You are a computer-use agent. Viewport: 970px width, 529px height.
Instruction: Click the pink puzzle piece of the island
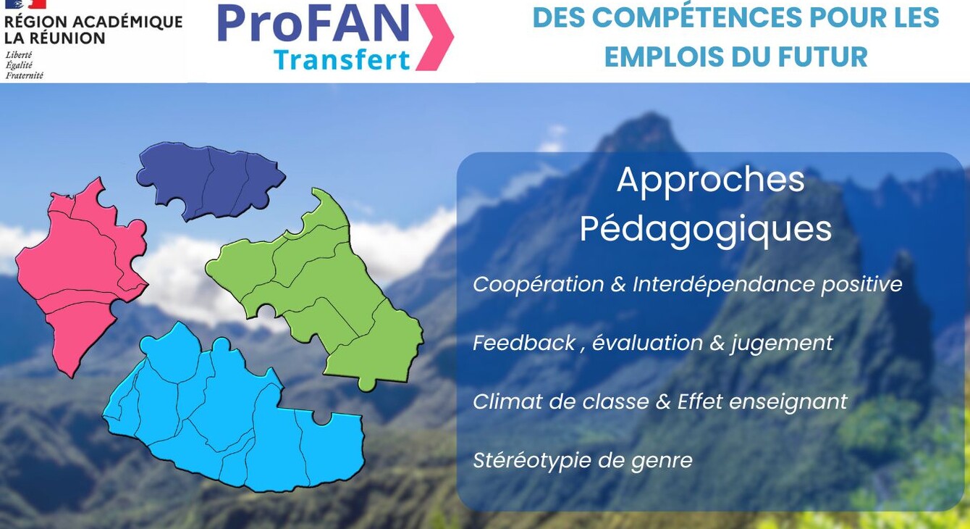click(x=78, y=269)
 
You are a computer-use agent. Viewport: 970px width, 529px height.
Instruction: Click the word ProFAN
click(x=313, y=23)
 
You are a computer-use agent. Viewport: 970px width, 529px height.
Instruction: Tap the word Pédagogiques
click(x=705, y=230)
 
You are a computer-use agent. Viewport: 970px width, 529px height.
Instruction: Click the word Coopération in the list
click(x=539, y=286)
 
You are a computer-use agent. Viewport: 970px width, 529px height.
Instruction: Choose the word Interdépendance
click(x=725, y=285)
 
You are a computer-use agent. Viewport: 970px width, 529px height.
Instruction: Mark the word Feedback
click(x=524, y=343)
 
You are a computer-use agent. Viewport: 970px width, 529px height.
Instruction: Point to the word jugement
click(x=782, y=343)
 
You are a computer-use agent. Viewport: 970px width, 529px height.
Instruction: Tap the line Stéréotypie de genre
click(x=583, y=461)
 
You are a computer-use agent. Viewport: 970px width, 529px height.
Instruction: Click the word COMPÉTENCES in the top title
click(x=697, y=17)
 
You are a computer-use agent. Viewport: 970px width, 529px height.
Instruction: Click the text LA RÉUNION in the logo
click(x=54, y=38)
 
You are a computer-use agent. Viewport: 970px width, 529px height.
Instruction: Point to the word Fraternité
click(x=25, y=75)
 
